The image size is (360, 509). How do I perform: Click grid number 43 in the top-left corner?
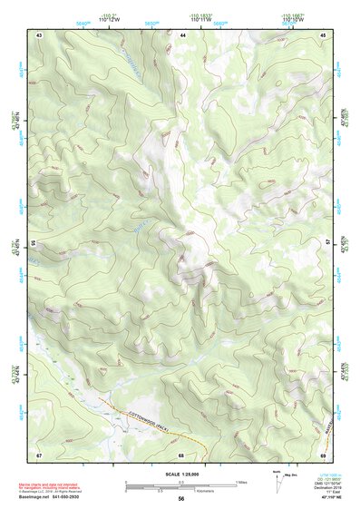(40, 34)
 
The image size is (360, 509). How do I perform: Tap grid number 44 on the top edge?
(183, 34)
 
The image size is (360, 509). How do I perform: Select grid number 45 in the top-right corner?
(324, 34)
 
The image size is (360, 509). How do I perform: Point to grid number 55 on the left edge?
(33, 243)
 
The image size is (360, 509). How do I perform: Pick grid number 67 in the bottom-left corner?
(40, 454)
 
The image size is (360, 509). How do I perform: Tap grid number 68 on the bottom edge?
(181, 454)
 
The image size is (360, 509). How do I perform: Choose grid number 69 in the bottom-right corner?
(324, 454)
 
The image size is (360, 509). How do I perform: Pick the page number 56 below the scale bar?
(181, 498)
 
